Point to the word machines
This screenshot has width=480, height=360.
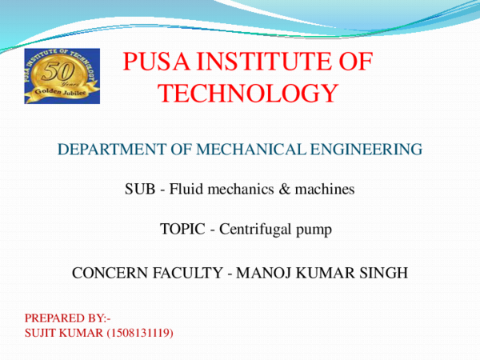tap(323, 190)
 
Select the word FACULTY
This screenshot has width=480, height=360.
tap(188, 273)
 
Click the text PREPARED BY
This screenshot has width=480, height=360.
tap(67, 318)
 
